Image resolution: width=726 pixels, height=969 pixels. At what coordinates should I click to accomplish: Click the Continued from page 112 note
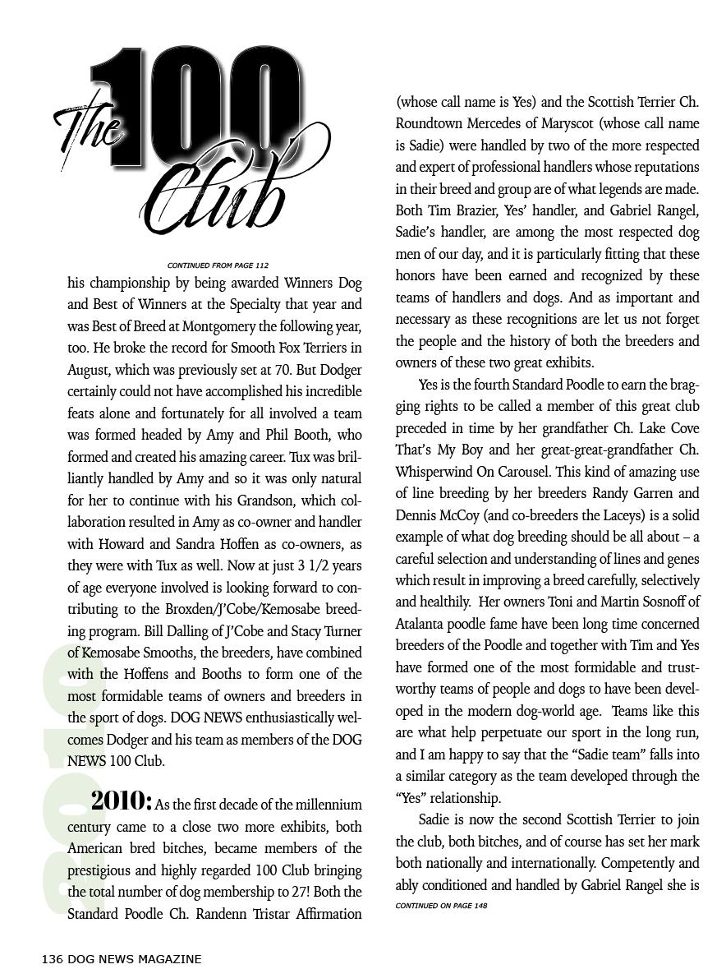coord(218,265)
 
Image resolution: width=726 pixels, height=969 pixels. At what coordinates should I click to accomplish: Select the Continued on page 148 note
coord(441,906)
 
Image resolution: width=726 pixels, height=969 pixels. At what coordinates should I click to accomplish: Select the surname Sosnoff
coord(646,602)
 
